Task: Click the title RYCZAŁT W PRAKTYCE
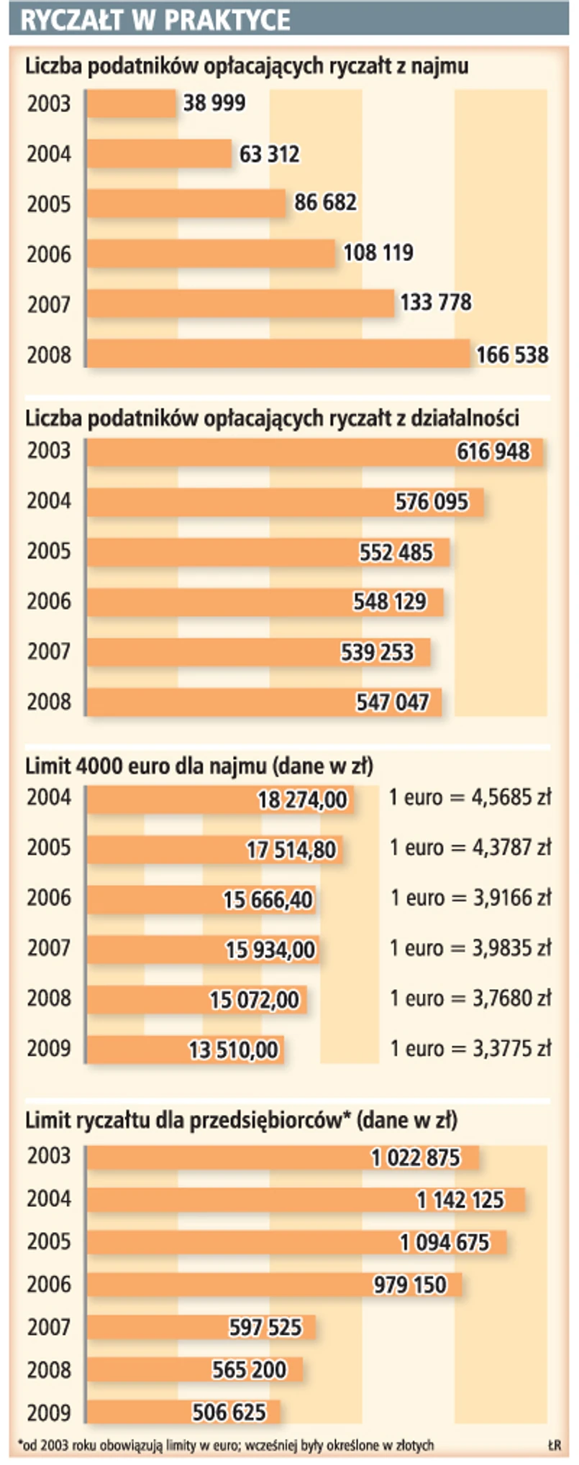pos(155,20)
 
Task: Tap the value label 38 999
pos(214,104)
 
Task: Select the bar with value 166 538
pos(278,354)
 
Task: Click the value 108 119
pos(378,253)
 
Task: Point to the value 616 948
pos(493,452)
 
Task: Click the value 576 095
pos(432,502)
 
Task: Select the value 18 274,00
pos(302,799)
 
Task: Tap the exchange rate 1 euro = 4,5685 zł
pos(470,797)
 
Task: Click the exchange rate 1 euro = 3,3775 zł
pos(470,1049)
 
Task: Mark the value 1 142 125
pos(460,1200)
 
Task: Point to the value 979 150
pos(410,1285)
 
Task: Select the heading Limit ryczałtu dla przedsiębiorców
pos(242,1120)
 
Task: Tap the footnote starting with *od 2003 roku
pos(226,1445)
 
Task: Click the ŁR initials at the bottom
pos(553,1445)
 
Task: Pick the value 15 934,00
pos(270,950)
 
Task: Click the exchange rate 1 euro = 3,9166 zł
pos(470,898)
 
